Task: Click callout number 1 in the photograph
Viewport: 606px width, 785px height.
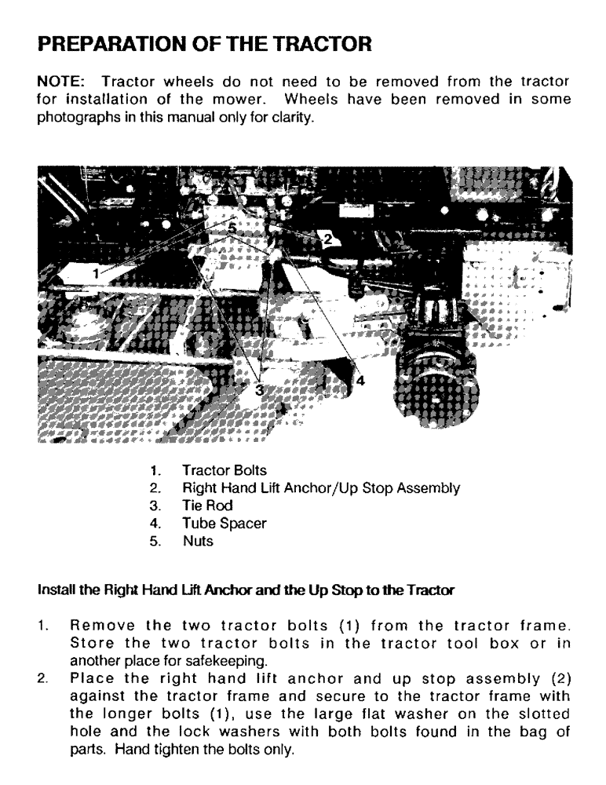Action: point(96,273)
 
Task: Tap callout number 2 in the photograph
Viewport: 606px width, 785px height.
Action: point(327,236)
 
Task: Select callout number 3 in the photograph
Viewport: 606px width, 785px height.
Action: point(260,389)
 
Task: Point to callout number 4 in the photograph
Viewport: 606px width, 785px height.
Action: point(360,380)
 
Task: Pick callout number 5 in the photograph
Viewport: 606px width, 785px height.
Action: point(232,227)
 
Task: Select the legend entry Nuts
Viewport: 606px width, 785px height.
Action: point(196,540)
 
